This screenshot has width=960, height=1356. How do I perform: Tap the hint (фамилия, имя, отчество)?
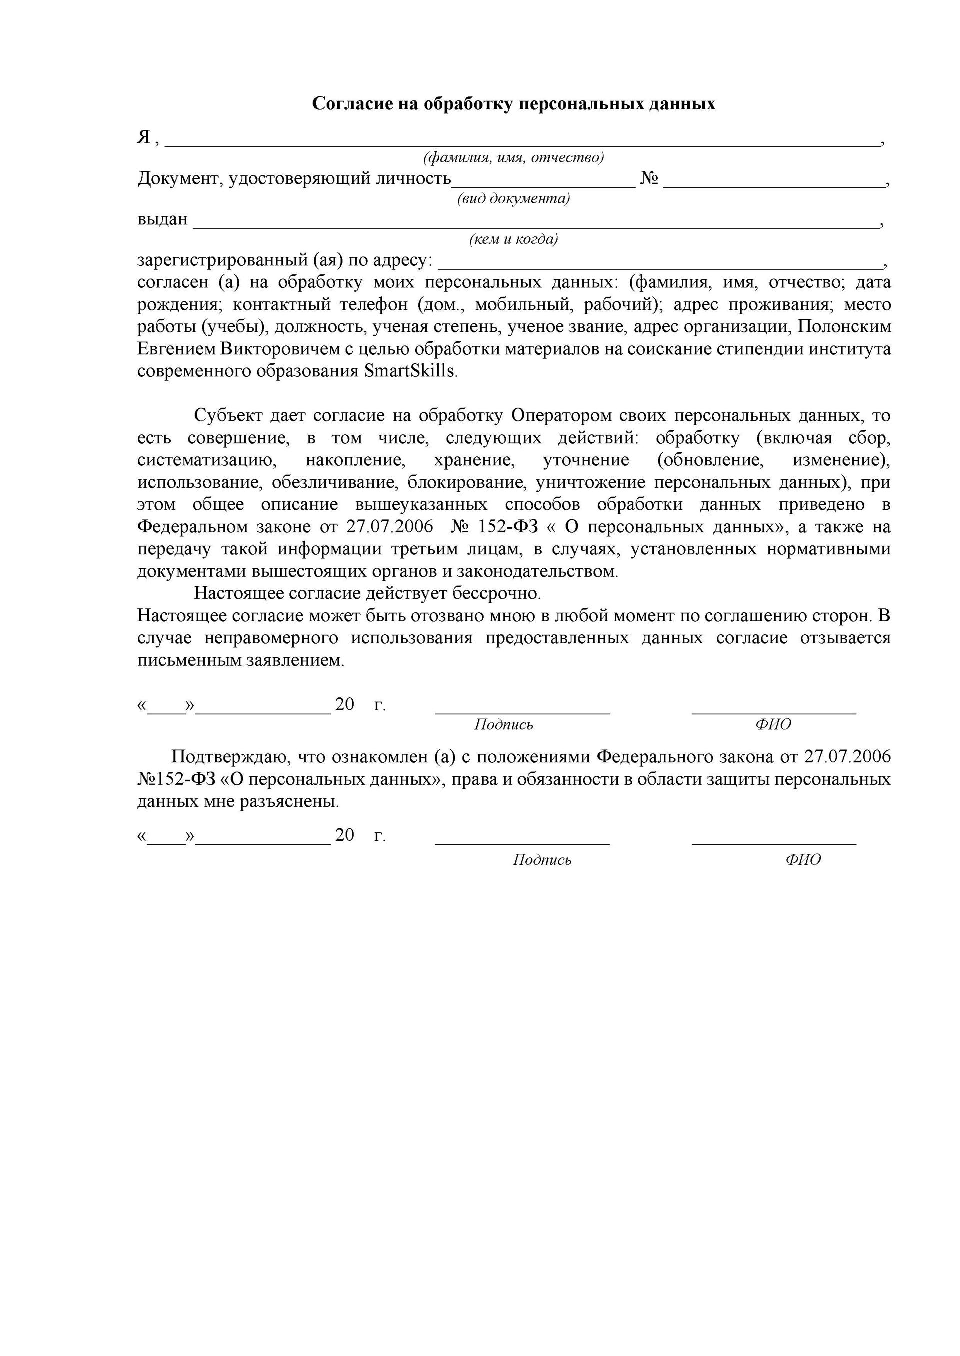[513, 158]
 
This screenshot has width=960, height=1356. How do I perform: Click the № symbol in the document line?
[649, 178]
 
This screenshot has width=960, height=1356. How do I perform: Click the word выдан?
[162, 220]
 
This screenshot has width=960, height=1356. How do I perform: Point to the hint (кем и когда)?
[513, 239]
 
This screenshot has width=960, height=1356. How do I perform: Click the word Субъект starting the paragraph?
[228, 416]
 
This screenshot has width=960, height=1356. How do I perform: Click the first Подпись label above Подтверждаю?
[503, 725]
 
